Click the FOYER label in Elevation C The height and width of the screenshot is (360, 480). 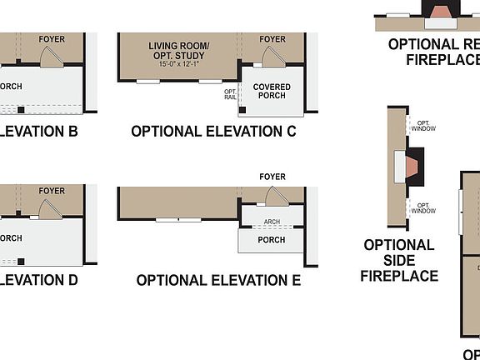[x=272, y=39]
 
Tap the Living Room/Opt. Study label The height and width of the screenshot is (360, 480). [x=180, y=50]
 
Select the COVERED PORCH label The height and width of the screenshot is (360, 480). [x=272, y=91]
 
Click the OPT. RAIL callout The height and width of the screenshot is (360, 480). [x=230, y=94]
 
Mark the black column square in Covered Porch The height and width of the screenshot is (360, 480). [x=242, y=110]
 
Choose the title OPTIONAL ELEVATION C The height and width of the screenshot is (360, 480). [x=214, y=132]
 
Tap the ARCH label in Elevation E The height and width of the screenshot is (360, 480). [x=272, y=222]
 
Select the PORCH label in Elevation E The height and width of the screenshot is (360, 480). [x=271, y=240]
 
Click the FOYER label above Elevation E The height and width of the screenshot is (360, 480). [x=272, y=177]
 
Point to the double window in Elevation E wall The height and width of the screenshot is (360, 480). [x=178, y=219]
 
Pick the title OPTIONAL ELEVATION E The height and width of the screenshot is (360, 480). [x=218, y=281]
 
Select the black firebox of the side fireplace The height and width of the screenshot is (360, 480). [x=416, y=165]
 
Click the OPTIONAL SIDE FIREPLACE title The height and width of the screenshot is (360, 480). [x=398, y=260]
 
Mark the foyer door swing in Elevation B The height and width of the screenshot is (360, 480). [x=51, y=56]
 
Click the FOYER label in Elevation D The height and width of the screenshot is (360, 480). [x=52, y=191]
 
